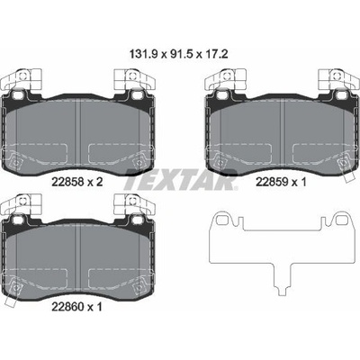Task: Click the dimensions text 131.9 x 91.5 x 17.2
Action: (179, 55)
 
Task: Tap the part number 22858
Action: (67, 182)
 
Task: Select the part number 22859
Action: (272, 182)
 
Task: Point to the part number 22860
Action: (67, 307)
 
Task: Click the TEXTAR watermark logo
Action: (181, 180)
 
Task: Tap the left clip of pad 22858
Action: (22, 79)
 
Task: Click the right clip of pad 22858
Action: (135, 79)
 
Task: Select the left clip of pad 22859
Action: (225, 79)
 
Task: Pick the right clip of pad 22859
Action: (338, 79)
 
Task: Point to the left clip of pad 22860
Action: (22, 204)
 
